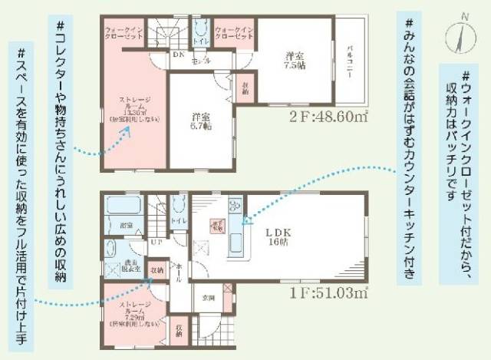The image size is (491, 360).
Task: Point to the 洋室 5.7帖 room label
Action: click(201, 121)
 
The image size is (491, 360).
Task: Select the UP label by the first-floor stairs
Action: click(157, 243)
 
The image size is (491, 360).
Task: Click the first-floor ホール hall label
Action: click(178, 268)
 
